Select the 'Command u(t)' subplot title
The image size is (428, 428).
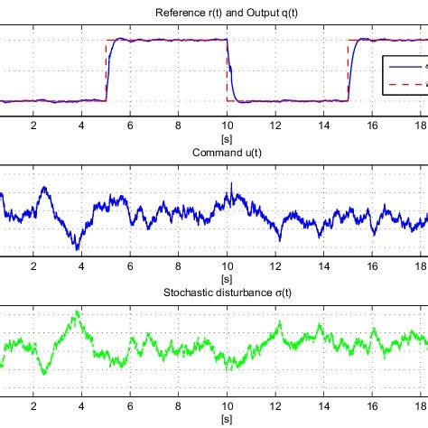click(x=213, y=153)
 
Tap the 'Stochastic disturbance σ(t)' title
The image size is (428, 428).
click(x=213, y=294)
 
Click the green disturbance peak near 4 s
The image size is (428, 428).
click(x=78, y=312)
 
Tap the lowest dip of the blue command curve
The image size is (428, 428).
click(x=78, y=248)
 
